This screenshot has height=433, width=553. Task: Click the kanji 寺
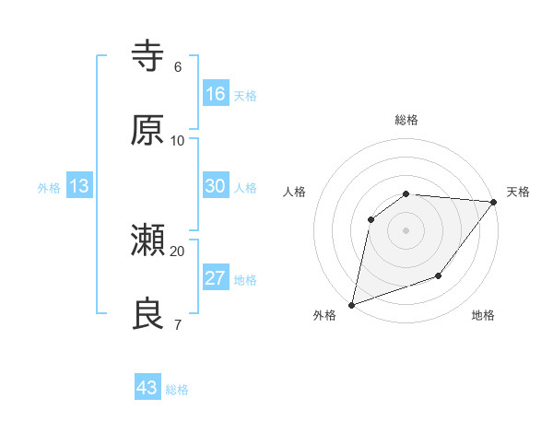pos(147,58)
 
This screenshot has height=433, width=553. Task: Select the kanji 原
pos(147,131)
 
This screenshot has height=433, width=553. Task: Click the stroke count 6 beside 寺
pos(178,67)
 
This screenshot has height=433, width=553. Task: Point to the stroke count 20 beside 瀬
pos(178,251)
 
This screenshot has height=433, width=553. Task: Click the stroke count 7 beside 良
pos(178,323)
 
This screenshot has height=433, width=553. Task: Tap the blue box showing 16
pos(215,94)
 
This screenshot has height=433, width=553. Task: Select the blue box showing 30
pos(215,186)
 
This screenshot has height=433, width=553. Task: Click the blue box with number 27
pos(215,278)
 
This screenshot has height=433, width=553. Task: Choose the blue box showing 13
pos(79,186)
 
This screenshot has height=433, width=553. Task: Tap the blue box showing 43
pos(147,388)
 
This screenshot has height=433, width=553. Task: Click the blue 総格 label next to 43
pos(178,390)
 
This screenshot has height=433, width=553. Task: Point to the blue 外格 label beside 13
pos(49,188)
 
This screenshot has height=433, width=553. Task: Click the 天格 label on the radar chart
pos(518,192)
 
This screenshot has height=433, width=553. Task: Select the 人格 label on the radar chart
pos(294,192)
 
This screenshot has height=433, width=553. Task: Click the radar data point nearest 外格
pos(352,304)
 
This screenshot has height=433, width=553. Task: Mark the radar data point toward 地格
pos(439,275)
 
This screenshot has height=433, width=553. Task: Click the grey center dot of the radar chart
pos(406,230)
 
